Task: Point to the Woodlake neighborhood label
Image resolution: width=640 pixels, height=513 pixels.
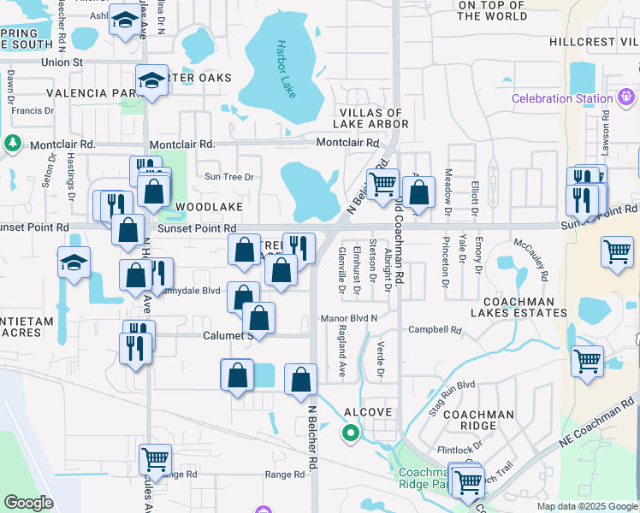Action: tap(210, 207)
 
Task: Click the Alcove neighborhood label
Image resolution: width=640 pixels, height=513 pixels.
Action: tap(368, 412)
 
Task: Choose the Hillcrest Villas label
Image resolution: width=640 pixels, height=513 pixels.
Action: tap(594, 41)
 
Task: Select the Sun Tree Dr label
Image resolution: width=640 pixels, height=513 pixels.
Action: tap(229, 177)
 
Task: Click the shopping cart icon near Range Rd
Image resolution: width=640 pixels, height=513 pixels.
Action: tap(155, 459)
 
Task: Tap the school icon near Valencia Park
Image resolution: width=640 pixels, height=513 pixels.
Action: tap(152, 81)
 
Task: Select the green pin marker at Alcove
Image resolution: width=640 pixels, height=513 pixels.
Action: tap(350, 433)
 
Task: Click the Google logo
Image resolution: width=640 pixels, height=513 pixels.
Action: tap(28, 503)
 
